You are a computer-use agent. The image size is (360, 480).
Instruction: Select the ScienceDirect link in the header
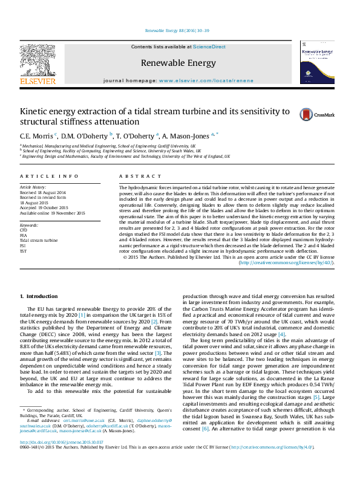coord(209,47)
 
